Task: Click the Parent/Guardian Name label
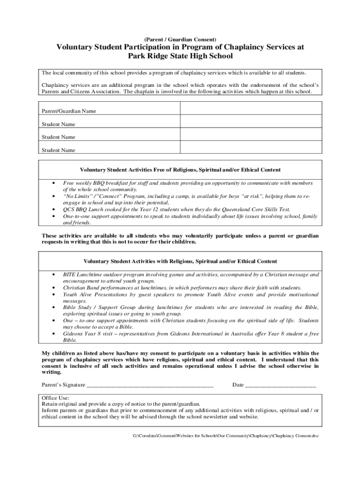coord(69,111)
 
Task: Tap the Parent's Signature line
coord(150,386)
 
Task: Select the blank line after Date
coord(281,386)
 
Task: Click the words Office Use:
coord(56,397)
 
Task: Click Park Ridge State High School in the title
coord(180,56)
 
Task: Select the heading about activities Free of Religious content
coord(180,169)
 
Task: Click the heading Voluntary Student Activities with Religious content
coord(180,261)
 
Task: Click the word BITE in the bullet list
coord(70,275)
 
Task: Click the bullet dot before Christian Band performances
coord(55,288)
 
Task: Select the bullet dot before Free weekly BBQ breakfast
coord(55,183)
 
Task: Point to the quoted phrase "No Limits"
coord(78,197)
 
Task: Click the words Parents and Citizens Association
coord(81,91)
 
